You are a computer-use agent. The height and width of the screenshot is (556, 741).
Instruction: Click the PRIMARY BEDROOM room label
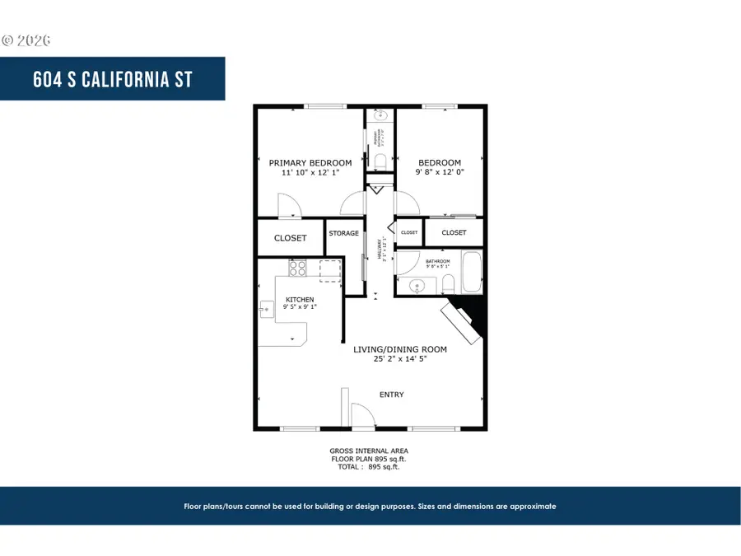pos(310,163)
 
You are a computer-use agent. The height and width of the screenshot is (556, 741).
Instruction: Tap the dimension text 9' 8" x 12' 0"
pos(439,173)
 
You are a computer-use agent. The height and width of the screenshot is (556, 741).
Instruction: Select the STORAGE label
pos(344,234)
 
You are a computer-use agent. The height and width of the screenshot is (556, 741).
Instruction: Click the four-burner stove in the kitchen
pos(297,268)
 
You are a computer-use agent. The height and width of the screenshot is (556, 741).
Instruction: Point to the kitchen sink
pos(266,309)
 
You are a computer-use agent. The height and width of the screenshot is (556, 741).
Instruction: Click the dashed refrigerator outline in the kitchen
pos(329,270)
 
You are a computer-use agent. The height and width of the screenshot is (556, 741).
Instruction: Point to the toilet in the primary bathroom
pos(380,159)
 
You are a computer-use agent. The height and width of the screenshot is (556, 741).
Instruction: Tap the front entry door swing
pos(362,416)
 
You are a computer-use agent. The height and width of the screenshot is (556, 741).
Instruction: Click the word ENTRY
pos(391,395)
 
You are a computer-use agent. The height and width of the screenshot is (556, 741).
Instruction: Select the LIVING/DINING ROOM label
pos(400,349)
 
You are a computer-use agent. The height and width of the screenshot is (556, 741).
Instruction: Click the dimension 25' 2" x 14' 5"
pos(400,360)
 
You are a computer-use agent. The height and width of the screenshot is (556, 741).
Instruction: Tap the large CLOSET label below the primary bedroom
pos(290,238)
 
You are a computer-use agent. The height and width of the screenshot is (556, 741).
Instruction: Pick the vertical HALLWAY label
pos(381,247)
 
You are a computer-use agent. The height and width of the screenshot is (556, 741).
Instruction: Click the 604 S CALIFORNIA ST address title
pos(113,80)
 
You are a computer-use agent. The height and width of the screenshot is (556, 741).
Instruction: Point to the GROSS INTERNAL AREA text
pos(369,451)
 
